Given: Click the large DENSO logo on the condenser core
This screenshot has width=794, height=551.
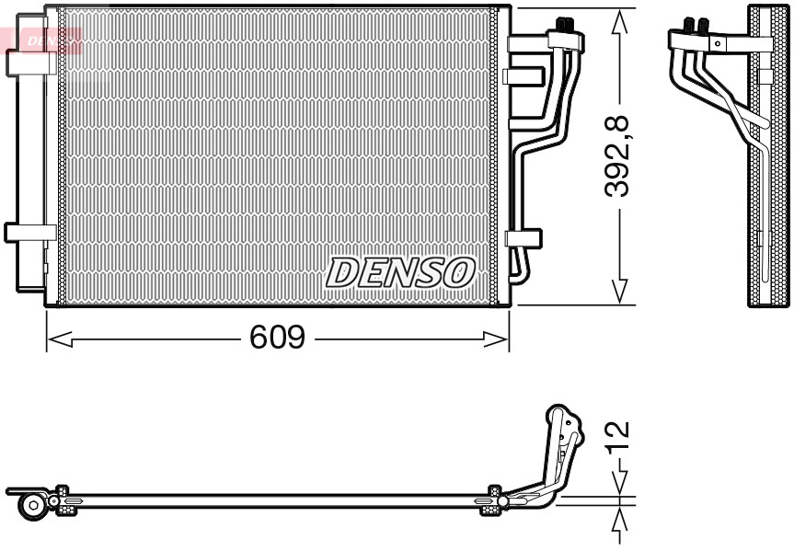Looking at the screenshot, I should pos(400,271).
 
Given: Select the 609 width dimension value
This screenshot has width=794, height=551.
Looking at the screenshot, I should pos(277,339).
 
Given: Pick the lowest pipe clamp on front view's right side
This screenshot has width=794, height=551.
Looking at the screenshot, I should pos(524,239).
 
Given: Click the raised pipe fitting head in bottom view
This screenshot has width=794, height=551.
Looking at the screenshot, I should pos(561,423).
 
